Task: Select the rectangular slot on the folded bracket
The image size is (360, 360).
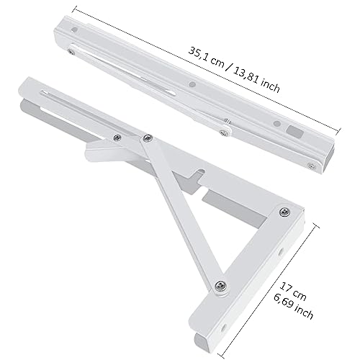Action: click(x=294, y=132)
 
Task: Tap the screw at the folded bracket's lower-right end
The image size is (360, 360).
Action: click(x=310, y=165)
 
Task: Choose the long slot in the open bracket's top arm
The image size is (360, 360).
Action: click(x=72, y=104)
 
